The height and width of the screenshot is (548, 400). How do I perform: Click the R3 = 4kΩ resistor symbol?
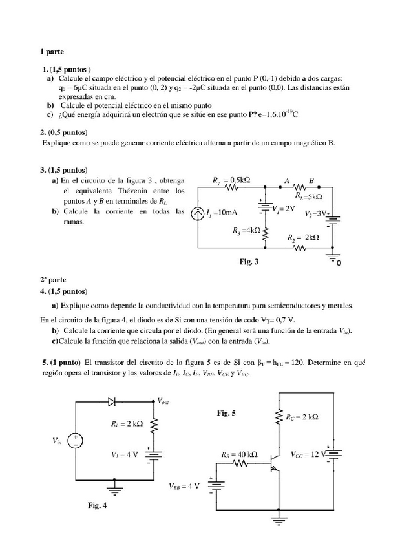pos(265,231)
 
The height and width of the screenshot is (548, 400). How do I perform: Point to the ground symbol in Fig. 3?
pos(333,258)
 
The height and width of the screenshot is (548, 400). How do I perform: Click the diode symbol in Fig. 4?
pos(113,401)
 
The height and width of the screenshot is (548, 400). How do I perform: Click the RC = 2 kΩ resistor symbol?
pos(279,417)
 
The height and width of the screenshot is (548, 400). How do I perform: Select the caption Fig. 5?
pos(226,412)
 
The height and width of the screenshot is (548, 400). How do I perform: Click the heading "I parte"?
pos(48,51)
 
